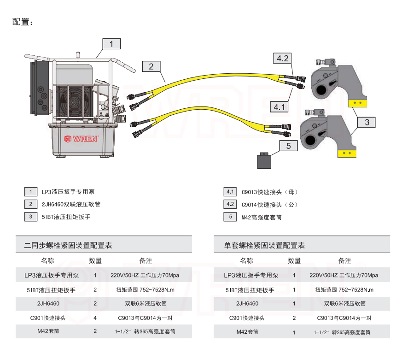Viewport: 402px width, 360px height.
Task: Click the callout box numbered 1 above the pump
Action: pyautogui.click(x=111, y=44)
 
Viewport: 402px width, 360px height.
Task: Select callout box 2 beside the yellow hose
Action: pyautogui.click(x=151, y=66)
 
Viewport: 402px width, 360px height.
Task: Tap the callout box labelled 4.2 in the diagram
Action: pyautogui.click(x=282, y=58)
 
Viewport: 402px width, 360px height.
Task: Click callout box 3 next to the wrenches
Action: pyautogui.click(x=367, y=122)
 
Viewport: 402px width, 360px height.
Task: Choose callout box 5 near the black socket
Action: pyautogui.click(x=289, y=146)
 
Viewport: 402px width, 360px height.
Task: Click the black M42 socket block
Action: pyautogui.click(x=264, y=162)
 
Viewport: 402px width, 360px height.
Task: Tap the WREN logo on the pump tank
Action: pyautogui.click(x=81, y=138)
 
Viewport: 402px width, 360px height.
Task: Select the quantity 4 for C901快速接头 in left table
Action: pyautogui.click(x=95, y=318)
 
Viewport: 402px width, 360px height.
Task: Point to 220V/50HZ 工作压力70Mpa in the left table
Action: pyautogui.click(x=145, y=275)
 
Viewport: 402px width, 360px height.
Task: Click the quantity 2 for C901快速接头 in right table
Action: pyautogui.click(x=294, y=318)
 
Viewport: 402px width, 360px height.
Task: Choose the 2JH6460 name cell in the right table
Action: pyautogui.click(x=247, y=304)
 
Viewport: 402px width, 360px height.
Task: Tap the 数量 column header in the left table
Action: pyautogui.click(x=95, y=261)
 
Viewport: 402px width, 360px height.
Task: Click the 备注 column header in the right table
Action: pyautogui.click(x=344, y=261)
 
